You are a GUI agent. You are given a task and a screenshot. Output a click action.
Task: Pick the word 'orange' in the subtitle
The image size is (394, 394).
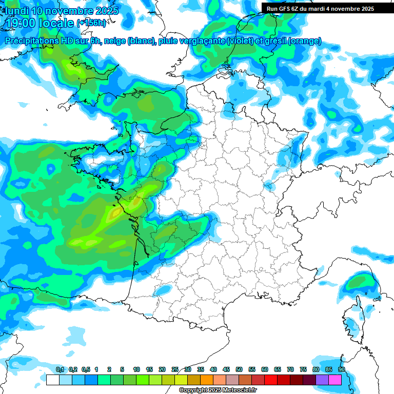click(x=305, y=41)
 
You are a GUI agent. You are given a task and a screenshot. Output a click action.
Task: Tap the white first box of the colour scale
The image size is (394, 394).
click(x=52, y=380)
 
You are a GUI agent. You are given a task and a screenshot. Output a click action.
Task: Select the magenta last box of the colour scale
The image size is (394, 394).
click(x=335, y=380)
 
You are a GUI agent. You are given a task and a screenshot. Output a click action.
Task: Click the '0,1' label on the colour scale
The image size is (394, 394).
click(x=60, y=369)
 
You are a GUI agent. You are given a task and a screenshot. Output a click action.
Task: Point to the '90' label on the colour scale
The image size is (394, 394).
click(x=341, y=369)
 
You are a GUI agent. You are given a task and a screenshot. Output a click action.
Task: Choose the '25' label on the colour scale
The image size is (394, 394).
click(x=175, y=369)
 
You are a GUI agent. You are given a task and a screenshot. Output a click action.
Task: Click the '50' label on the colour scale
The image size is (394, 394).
click(x=239, y=369)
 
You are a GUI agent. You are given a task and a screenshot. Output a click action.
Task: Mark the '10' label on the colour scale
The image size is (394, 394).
click(x=136, y=369)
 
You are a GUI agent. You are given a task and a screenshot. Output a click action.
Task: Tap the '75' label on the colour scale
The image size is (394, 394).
click(x=303, y=369)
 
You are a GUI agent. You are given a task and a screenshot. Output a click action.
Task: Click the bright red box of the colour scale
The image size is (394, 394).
click(x=271, y=380)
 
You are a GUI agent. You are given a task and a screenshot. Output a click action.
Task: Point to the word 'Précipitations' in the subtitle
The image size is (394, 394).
click(x=30, y=41)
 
